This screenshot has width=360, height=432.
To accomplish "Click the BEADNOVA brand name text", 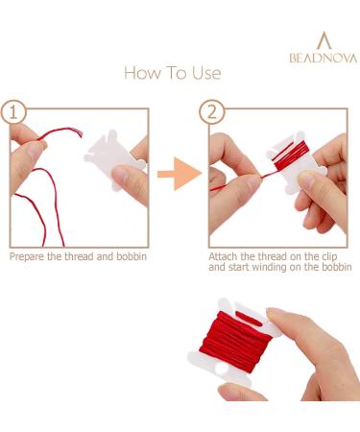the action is tap(324, 58).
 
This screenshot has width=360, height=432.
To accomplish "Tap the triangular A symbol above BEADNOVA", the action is tap(324, 40).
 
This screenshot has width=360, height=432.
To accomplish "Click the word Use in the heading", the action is tap(206, 73).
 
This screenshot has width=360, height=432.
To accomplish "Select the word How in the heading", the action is tap(142, 73).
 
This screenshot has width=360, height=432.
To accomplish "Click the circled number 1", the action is tap(13, 112).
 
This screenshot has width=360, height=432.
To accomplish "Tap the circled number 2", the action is tap(212, 112).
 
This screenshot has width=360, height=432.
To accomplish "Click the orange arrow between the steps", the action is tap(180, 174).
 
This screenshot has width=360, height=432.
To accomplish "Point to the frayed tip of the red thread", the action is tap(80, 132).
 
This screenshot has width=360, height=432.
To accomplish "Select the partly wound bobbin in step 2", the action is tap(294, 161).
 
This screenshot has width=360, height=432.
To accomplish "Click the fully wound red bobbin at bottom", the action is tap(235, 342).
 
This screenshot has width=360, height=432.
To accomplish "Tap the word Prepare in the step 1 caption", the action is tap(27, 257).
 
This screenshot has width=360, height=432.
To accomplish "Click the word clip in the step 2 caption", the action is tap(329, 256).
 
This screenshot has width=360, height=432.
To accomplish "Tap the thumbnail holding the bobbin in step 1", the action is tap(122, 174).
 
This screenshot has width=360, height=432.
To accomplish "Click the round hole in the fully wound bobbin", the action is tap(222, 369).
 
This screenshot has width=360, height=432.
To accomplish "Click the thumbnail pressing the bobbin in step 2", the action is tap(307, 180).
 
